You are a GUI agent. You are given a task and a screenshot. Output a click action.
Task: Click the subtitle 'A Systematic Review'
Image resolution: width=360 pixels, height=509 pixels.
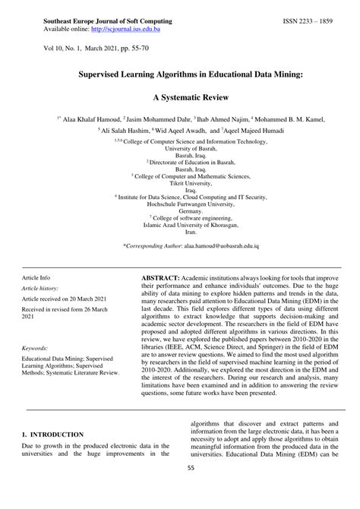point(180,98)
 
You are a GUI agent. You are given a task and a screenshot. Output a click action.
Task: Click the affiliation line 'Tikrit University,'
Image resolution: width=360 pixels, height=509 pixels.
point(179,182)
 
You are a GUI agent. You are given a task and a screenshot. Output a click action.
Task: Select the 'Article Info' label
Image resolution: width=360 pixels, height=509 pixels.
point(36,279)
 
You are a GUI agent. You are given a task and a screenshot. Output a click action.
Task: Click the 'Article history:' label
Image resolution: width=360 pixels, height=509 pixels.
point(39,289)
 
